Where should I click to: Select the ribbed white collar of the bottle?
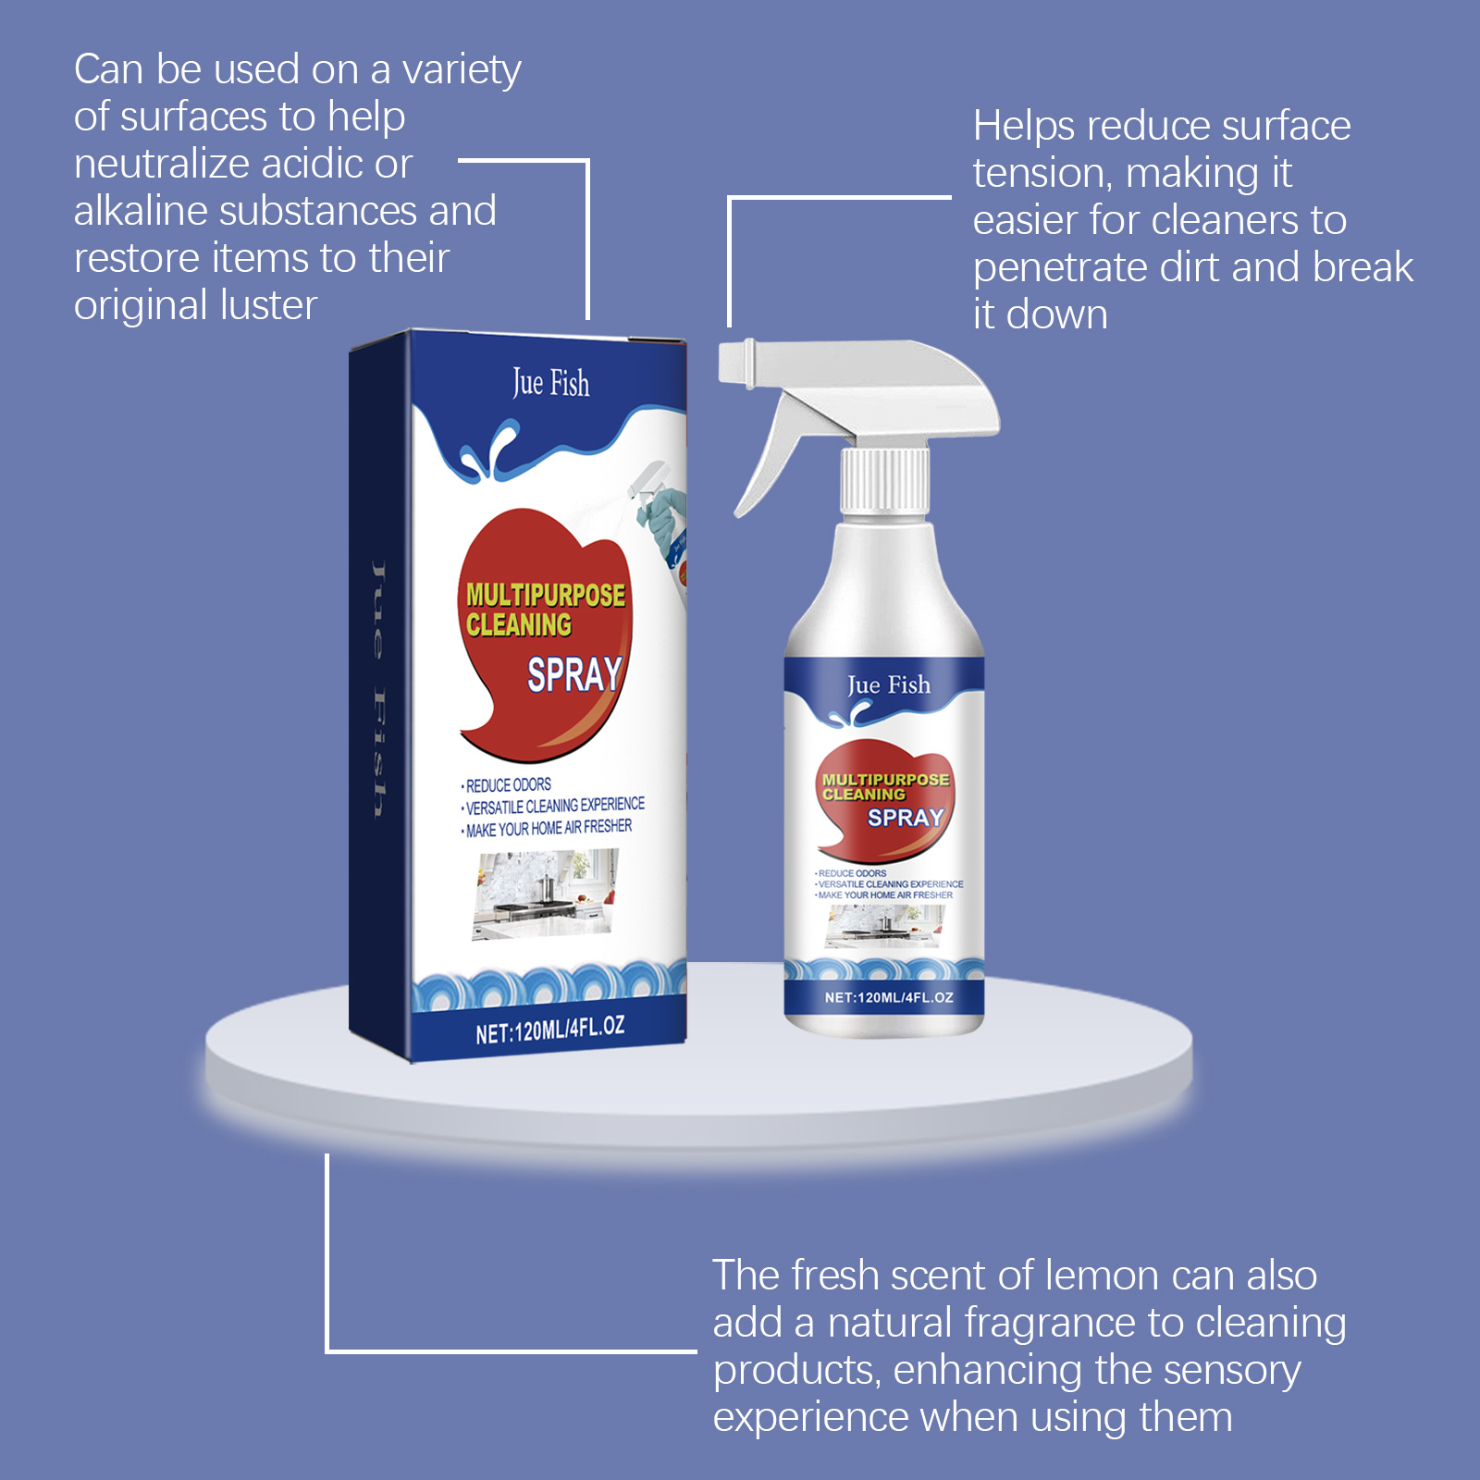884,479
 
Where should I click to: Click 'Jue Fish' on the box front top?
551,383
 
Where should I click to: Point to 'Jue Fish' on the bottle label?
889,685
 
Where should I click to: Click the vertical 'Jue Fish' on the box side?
377,689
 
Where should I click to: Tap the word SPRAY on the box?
574,674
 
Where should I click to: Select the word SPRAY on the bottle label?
906,818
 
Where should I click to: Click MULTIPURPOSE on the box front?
546,595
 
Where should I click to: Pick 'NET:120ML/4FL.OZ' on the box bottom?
550,1029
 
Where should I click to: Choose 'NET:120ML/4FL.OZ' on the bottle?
889,997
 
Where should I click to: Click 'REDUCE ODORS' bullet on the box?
508,785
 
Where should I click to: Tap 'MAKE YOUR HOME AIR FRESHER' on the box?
548,828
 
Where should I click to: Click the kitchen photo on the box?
544,894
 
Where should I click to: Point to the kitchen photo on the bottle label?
884,926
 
